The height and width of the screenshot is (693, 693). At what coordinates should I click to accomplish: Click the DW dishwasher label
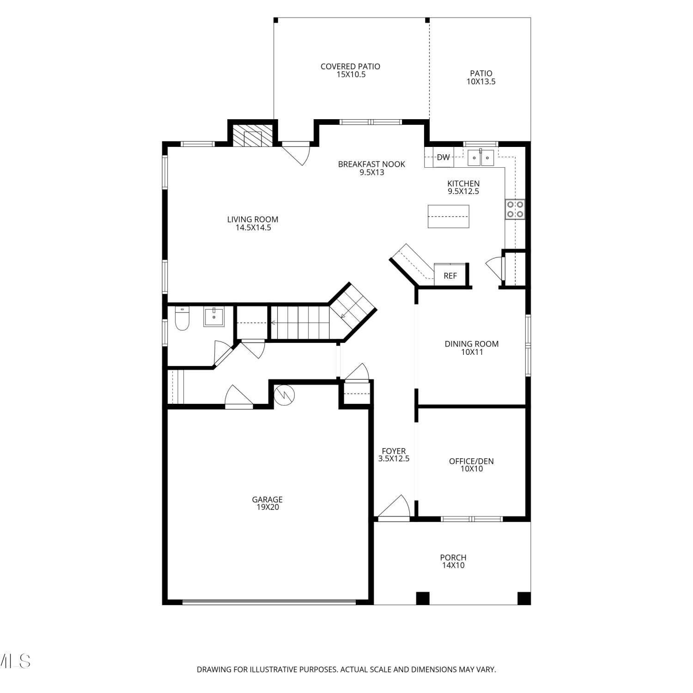point(443,157)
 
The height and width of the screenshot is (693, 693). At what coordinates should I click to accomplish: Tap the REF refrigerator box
point(450,275)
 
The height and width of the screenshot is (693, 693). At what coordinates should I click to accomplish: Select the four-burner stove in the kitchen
point(515,208)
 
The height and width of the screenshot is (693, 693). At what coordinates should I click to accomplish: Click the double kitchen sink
point(480,158)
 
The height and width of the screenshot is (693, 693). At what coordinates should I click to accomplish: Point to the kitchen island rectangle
point(449,216)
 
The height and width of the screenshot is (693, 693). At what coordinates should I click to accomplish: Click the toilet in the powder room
point(182,318)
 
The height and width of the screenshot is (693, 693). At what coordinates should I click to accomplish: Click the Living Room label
point(253,224)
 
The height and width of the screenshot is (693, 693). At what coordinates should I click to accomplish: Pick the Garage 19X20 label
point(267,503)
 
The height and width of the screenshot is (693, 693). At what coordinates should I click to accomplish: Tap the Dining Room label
point(472,347)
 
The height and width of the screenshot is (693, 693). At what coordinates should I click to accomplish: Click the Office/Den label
point(471,465)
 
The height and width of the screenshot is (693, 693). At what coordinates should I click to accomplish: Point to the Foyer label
point(394,455)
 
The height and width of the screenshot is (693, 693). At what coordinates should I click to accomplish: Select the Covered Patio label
point(350,70)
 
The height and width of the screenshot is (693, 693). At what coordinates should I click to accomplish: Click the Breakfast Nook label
point(371,168)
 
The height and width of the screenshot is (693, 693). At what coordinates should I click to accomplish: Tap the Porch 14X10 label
point(453,561)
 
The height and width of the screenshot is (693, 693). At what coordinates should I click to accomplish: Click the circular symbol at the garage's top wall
point(284,395)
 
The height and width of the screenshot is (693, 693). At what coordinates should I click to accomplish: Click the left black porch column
point(423,598)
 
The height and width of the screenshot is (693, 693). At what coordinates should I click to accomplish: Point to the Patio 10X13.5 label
point(481,77)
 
